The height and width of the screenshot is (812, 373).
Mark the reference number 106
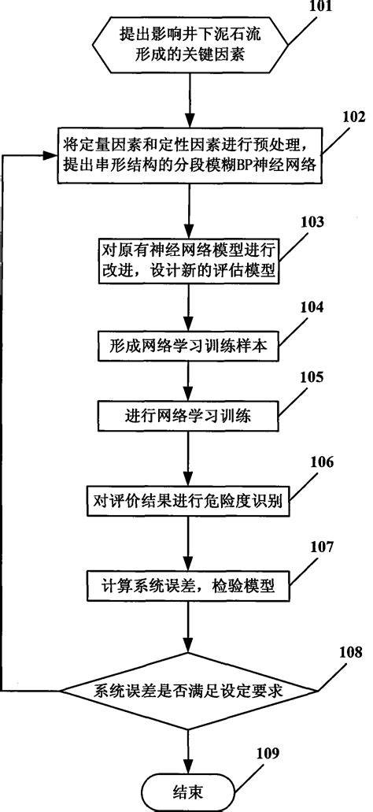point(312,461)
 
